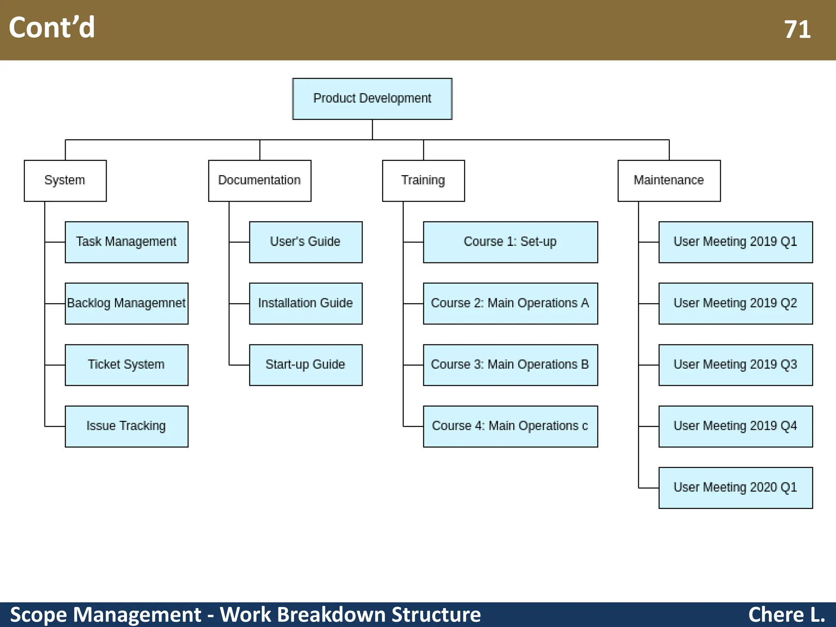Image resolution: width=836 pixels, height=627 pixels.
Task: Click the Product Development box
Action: (x=372, y=99)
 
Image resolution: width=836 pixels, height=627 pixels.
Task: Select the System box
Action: (x=65, y=180)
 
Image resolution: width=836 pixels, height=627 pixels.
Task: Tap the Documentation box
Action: (x=260, y=180)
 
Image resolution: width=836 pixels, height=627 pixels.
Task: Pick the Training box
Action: (x=423, y=180)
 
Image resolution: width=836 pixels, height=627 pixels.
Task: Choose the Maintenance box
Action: (x=669, y=180)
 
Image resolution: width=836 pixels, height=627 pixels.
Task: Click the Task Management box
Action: (x=127, y=242)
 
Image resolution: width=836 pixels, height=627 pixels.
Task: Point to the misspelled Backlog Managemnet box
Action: (x=127, y=303)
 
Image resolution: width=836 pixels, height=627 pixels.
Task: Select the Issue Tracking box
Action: (x=127, y=426)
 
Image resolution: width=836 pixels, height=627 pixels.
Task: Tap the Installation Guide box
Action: (x=306, y=303)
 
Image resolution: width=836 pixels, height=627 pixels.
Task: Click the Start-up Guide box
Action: (x=306, y=365)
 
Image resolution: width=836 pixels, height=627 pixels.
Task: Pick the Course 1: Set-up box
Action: (x=510, y=242)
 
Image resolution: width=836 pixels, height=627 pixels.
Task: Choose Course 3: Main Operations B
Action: (x=510, y=365)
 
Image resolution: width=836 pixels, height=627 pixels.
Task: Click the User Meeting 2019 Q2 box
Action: (x=736, y=303)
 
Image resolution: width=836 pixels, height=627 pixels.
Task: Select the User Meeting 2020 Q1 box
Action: (x=736, y=488)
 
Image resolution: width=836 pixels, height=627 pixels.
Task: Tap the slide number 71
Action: (x=797, y=30)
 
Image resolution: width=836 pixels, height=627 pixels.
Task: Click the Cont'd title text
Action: (x=52, y=28)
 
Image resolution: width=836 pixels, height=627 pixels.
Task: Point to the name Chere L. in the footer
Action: (x=786, y=615)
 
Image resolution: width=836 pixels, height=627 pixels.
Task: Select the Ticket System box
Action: (x=127, y=365)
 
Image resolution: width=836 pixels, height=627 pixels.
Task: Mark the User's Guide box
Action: (x=306, y=242)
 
